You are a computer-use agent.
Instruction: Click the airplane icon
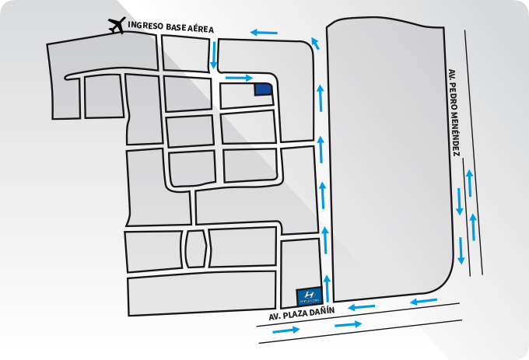point(117,26)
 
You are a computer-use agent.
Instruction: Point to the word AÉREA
point(201,29)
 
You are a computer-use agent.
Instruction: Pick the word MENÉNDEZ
point(455,135)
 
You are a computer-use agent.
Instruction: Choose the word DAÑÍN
point(324,310)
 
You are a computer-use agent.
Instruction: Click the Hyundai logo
point(309,296)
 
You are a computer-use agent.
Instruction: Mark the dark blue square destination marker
point(263,89)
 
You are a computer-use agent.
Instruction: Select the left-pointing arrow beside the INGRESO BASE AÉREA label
point(264,33)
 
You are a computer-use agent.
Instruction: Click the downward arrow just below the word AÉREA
point(214,55)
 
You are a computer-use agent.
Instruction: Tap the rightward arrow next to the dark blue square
point(239,78)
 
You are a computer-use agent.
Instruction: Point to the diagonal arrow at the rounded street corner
point(315,44)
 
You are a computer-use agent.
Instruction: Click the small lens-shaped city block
point(195,250)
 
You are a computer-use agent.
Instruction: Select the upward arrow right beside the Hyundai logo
point(327,288)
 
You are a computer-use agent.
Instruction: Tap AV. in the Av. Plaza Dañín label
point(275,317)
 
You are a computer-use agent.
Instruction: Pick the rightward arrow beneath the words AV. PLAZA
point(286,330)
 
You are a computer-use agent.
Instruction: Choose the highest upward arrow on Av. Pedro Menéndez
point(469,183)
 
